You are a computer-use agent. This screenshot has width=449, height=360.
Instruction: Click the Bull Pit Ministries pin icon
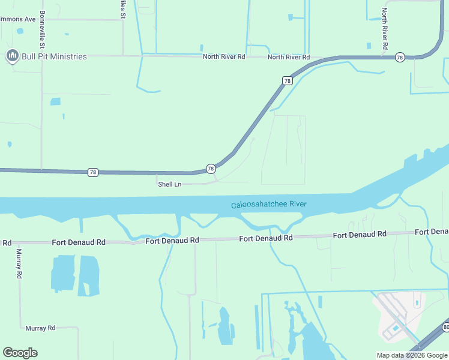point(11,56)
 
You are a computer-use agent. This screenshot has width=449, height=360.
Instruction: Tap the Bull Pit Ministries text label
point(54,56)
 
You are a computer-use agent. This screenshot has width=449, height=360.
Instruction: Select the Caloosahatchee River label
point(269,205)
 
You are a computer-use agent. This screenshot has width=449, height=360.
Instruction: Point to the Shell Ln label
point(169,184)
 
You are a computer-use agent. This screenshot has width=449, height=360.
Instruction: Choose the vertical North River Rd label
point(385,29)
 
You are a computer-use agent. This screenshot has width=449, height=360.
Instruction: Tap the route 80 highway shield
point(445,327)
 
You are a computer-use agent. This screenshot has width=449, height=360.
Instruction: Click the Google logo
point(20,353)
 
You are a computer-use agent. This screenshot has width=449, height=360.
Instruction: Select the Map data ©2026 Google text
point(412,355)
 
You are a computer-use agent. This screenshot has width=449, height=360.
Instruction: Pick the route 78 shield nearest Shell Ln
point(211,169)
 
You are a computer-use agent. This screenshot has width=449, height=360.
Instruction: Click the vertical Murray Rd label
point(19,263)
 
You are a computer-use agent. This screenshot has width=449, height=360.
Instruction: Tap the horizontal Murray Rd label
point(40,328)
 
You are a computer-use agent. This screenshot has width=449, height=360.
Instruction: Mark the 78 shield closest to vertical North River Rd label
point(400,57)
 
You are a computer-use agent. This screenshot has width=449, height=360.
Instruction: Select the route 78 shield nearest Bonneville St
point(92,172)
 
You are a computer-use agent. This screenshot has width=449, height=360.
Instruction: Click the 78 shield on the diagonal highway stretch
point(288,80)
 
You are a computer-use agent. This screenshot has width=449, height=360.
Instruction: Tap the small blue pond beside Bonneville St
point(55,101)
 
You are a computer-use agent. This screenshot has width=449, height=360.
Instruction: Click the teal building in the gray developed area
point(395,328)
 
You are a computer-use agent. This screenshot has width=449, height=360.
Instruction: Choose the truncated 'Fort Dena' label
point(432,232)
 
